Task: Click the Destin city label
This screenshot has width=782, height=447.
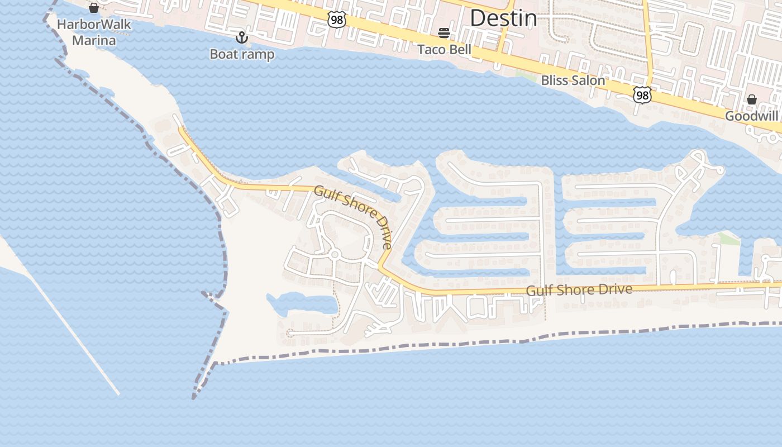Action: coord(503,18)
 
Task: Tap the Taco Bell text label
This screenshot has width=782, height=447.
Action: coord(445,50)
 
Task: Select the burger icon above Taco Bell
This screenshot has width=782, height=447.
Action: coord(444,34)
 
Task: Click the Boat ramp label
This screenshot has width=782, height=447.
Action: coord(242,54)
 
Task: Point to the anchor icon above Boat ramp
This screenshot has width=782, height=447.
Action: coord(242,37)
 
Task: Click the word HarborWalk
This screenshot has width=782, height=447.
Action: coord(94,25)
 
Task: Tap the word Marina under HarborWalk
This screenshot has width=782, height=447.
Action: coord(94,40)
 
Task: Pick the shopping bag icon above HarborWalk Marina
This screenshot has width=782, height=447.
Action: coord(94,8)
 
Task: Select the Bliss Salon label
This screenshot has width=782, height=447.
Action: coord(573,80)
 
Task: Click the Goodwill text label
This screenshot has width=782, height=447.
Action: coord(751,116)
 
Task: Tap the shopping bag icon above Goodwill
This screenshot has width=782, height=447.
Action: coord(752,99)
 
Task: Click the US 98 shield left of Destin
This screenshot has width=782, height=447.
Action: coord(337,20)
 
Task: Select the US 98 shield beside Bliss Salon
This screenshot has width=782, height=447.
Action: coord(642,95)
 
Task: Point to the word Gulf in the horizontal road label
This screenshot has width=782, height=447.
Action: coord(539,291)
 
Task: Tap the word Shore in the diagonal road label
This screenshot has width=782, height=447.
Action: coord(354,203)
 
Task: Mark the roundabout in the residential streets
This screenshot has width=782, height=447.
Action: coord(335,255)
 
